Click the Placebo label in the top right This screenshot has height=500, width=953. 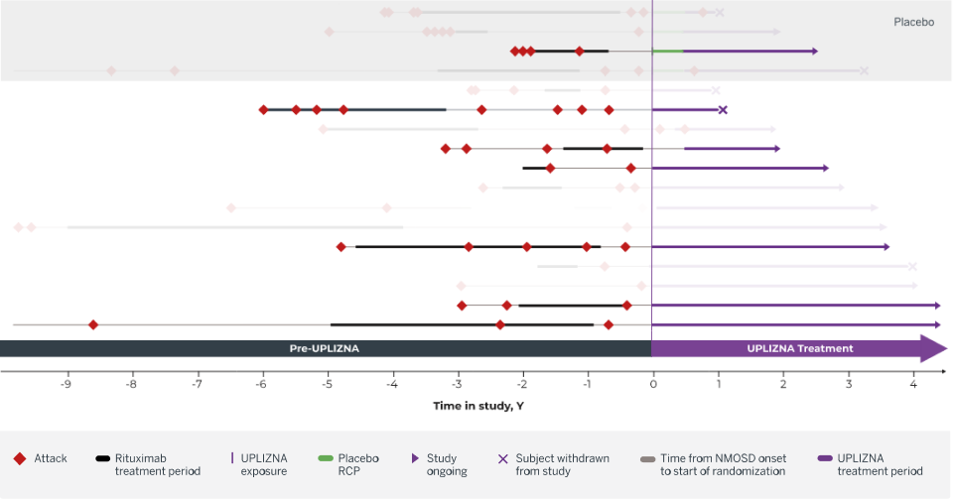(913, 21)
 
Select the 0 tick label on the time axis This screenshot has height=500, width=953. (652, 385)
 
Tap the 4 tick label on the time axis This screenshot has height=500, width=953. (913, 385)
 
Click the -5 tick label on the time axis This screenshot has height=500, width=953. (327, 385)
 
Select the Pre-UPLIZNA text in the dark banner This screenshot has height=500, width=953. (325, 348)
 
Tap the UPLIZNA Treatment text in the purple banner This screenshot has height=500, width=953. (799, 348)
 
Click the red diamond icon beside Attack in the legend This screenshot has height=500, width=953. (19, 458)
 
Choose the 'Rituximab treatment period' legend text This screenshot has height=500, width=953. (158, 464)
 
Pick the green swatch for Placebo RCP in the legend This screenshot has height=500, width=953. (325, 458)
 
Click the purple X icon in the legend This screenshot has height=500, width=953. (502, 458)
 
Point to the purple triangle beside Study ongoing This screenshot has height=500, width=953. (414, 458)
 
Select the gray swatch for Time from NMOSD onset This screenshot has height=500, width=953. (647, 458)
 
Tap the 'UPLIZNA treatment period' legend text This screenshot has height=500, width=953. (880, 464)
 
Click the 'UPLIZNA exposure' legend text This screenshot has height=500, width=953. (265, 464)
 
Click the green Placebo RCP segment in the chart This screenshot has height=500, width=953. (667, 51)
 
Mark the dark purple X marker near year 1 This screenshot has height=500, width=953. (723, 110)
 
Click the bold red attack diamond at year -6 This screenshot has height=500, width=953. (263, 110)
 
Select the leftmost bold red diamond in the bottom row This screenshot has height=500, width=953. (93, 324)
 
